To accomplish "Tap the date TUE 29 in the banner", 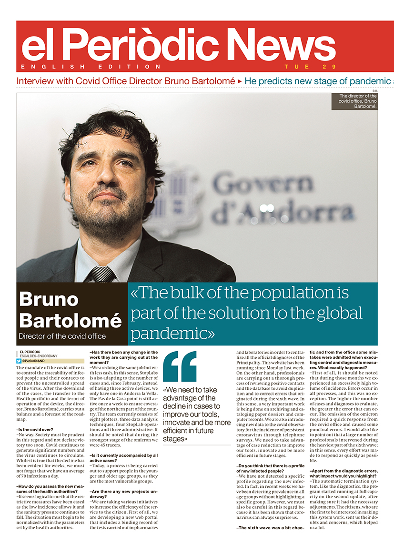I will click(x=310, y=67).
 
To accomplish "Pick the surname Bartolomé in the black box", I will click(x=70, y=321).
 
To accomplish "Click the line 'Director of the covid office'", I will click(x=62, y=336).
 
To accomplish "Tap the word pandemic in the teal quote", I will click(x=172, y=334).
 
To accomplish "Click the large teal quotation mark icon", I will click(x=180, y=366).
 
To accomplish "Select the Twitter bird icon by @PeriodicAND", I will click(x=19, y=361).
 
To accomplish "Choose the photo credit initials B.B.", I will click(x=374, y=91).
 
